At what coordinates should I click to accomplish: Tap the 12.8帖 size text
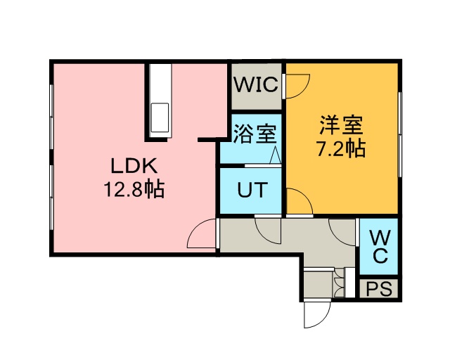[136, 190]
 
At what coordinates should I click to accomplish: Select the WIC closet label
[256, 85]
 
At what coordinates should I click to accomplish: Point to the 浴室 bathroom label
[255, 134]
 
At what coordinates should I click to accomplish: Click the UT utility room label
[251, 190]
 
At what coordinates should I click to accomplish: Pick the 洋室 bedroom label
[341, 127]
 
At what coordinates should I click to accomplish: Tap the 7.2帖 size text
[341, 149]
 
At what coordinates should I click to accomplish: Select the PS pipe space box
[379, 288]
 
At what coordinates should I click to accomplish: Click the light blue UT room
[251, 190]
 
